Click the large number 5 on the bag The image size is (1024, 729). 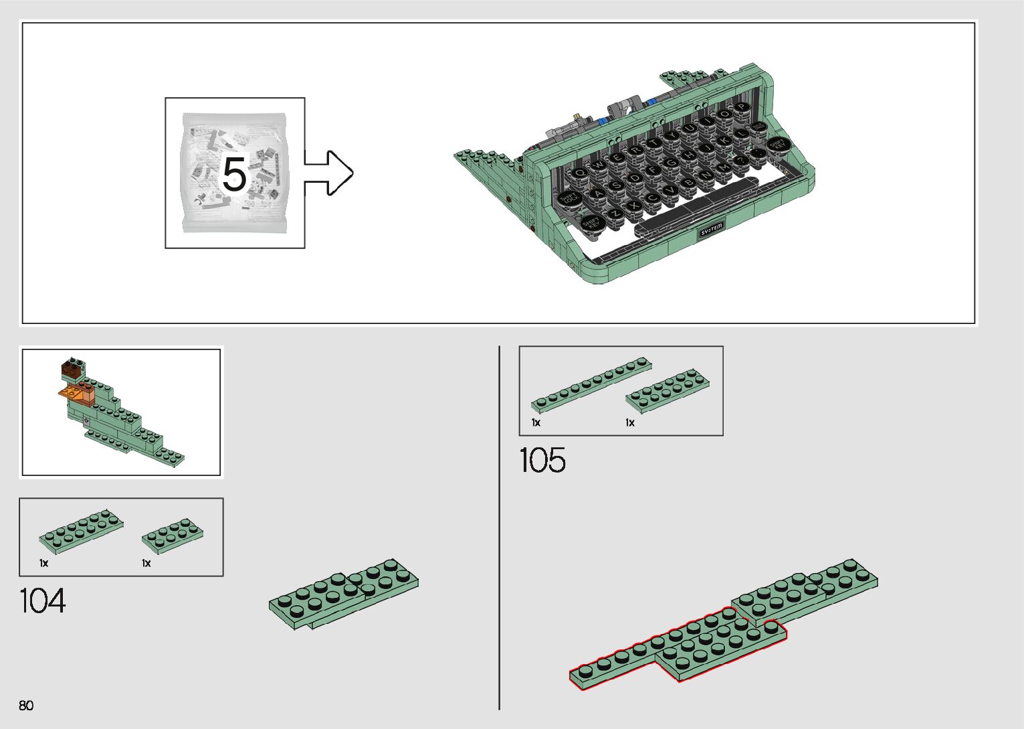pos(234,174)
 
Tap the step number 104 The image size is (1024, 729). pos(43,600)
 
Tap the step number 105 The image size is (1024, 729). pos(542,461)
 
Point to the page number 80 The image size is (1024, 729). pos(26,705)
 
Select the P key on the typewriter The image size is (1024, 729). pos(742,107)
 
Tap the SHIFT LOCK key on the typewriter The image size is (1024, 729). pos(571,198)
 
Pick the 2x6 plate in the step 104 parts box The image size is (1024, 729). pos(81,532)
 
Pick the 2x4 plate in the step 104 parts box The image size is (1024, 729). pos(173,535)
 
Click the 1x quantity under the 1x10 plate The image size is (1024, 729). pos(536,422)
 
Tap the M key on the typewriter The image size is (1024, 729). pos(723,167)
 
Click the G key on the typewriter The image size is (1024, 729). pos(671,163)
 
